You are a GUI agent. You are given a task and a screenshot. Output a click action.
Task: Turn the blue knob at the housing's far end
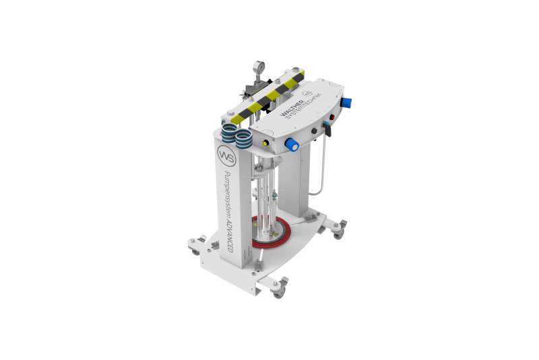point(347,102)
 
